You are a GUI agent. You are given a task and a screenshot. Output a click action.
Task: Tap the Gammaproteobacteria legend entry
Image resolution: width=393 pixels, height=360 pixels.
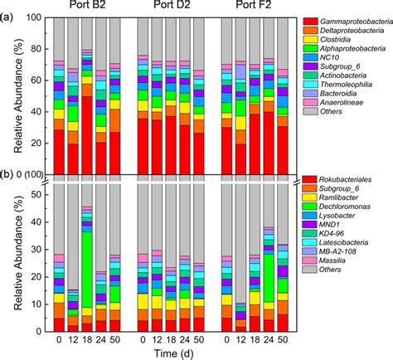click(x=344, y=19)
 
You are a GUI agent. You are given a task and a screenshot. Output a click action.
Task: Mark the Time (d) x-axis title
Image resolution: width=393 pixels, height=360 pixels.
click(x=173, y=353)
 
